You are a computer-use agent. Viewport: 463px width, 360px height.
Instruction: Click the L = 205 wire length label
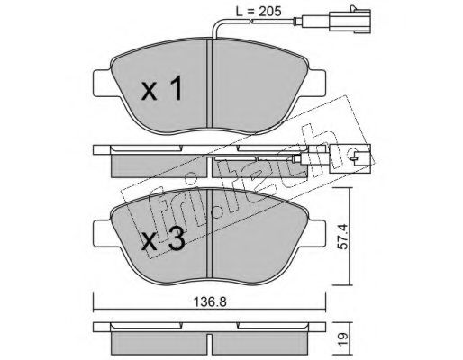point(259,12)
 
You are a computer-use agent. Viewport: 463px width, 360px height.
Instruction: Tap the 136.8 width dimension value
point(210,302)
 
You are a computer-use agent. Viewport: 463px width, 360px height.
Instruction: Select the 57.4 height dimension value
point(342,237)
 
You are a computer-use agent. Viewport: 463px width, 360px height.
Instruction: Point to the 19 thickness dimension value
point(343,338)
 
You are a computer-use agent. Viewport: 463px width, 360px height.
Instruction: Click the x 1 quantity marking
point(162,88)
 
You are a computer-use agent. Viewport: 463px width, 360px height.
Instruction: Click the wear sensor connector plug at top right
point(350,21)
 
